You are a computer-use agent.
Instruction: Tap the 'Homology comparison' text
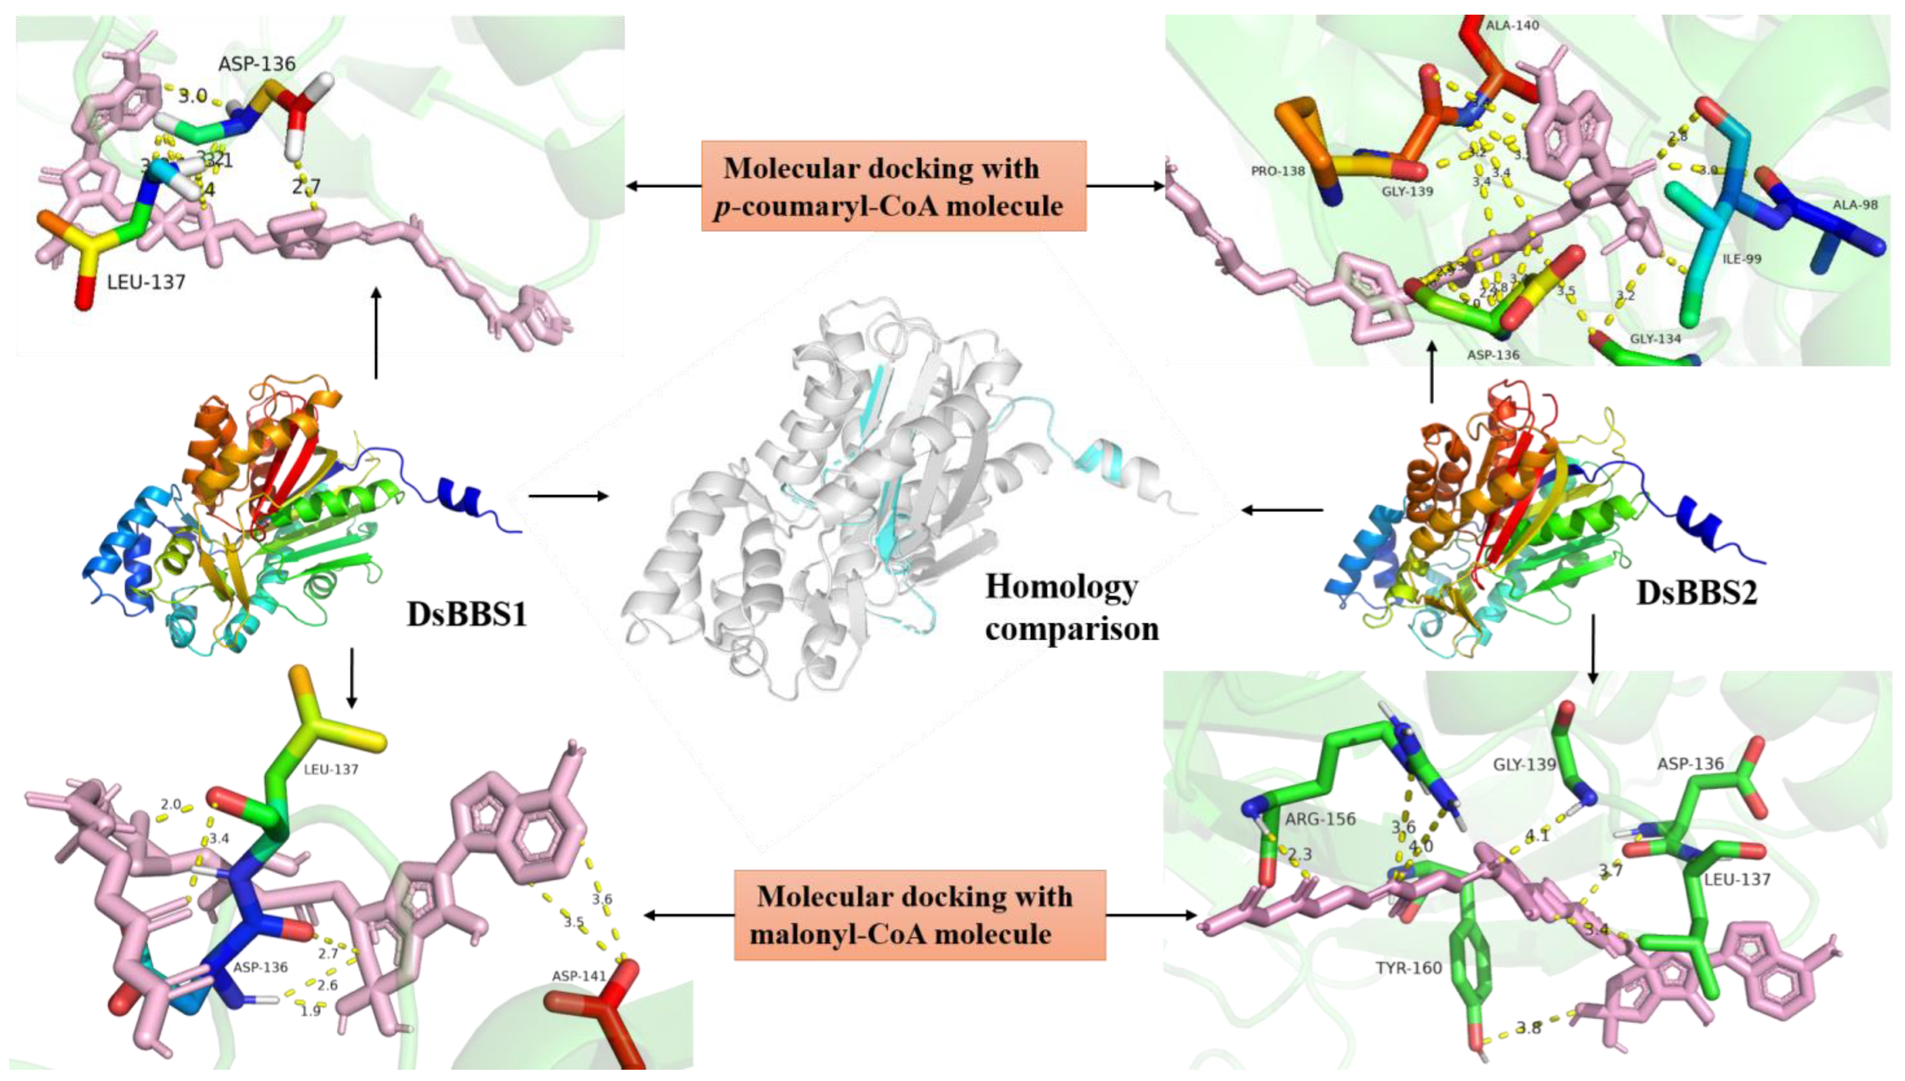point(1071,607)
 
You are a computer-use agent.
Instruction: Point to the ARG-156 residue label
point(1320,819)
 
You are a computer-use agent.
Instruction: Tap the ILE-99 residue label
point(1741,259)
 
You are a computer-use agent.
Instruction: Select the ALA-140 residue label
point(1512,25)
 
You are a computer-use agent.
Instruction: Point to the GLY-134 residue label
point(1656,339)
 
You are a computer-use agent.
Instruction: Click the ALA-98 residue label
point(1855,204)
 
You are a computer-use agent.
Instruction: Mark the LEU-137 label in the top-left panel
point(146,282)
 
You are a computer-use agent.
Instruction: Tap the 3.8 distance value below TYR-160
point(1528,1028)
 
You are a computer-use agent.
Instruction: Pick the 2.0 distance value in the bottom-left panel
point(171,804)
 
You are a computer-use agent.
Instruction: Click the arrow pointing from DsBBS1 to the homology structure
point(569,495)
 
